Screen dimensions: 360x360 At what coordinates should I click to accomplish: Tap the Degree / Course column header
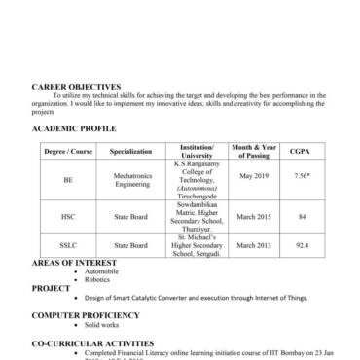coord(68,153)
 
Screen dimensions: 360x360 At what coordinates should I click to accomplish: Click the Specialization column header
coord(131,153)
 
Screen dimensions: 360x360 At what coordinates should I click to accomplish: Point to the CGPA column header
coord(301,153)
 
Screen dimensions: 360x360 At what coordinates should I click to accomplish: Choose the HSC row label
coord(68,216)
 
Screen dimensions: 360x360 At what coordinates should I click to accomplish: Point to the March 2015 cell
coord(252,216)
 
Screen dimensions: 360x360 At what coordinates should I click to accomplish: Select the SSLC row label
coord(68,245)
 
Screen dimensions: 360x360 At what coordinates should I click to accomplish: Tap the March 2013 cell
coord(252,245)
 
